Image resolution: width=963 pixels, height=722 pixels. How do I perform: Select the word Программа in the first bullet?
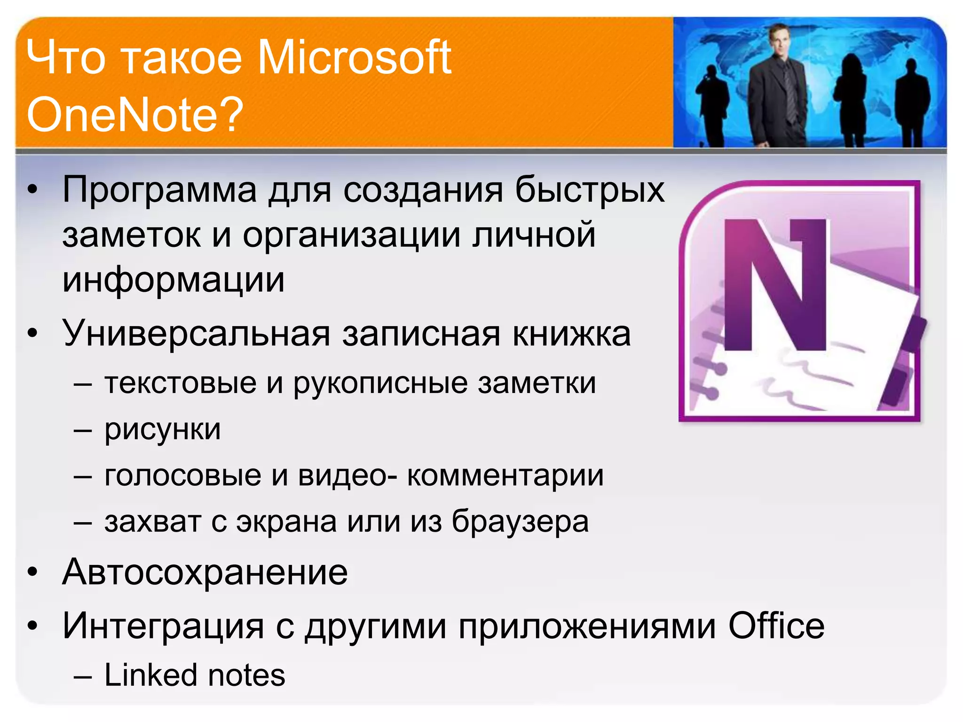click(x=160, y=190)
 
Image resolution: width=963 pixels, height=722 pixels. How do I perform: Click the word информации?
click(x=174, y=280)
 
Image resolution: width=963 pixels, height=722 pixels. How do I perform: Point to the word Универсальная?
click(x=196, y=333)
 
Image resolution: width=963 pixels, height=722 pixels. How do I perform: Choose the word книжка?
click(x=571, y=333)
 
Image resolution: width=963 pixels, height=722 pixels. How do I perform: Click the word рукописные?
click(x=380, y=383)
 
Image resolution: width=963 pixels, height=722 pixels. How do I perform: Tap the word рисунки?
click(x=163, y=430)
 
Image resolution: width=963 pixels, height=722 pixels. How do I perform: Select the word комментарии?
click(x=505, y=475)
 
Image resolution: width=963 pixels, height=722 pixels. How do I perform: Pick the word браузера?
click(x=520, y=522)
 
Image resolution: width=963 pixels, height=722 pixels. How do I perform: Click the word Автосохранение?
click(x=205, y=572)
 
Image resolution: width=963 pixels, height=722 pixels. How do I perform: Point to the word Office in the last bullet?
click(x=776, y=626)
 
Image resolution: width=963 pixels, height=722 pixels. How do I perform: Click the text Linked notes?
click(x=195, y=675)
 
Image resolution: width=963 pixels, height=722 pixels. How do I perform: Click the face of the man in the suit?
click(x=780, y=40)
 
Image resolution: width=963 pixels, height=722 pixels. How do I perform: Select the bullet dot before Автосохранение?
click(x=32, y=573)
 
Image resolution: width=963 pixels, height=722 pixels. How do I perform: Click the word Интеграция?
click(x=163, y=626)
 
